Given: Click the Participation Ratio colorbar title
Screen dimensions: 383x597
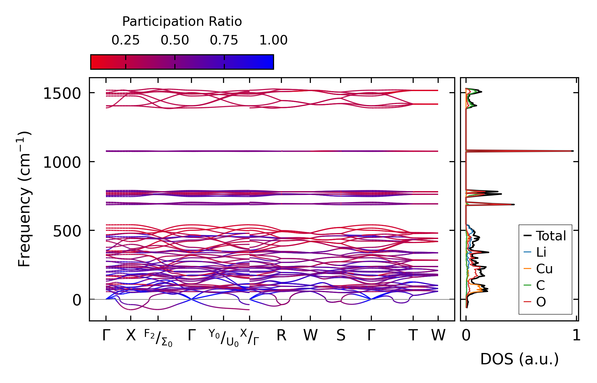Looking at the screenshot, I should click(x=182, y=22).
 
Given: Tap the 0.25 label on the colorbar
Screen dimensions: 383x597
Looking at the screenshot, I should click(x=125, y=40).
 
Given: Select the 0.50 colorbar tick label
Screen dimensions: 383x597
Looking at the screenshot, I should click(x=175, y=40).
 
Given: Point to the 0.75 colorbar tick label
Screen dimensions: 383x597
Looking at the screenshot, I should click(x=224, y=40).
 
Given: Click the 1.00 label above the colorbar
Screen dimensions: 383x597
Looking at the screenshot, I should click(x=273, y=40).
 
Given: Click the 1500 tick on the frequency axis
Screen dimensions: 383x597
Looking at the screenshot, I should click(x=62, y=93).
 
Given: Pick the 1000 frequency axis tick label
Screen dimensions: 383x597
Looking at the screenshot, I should click(x=62, y=162).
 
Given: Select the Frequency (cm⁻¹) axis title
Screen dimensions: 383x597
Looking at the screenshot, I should click(x=24, y=199).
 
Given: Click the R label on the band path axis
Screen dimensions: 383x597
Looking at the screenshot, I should click(x=281, y=335).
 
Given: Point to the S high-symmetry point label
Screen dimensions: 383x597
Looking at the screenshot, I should click(x=341, y=335).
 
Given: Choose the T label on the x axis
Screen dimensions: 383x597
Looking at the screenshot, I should click(x=413, y=335).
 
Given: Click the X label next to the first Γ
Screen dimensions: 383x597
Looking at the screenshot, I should click(x=131, y=335).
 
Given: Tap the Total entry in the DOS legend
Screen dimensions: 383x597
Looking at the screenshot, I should click(x=551, y=236).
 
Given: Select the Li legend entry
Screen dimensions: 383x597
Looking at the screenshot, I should click(x=541, y=252).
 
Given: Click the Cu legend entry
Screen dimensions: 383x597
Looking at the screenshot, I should click(x=544, y=269).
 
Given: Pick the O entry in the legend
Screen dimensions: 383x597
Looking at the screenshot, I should click(x=541, y=302).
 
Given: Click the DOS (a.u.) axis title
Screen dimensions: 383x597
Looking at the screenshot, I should click(x=519, y=359).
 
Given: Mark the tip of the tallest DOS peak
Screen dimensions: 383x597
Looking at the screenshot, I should click(x=573, y=151).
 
